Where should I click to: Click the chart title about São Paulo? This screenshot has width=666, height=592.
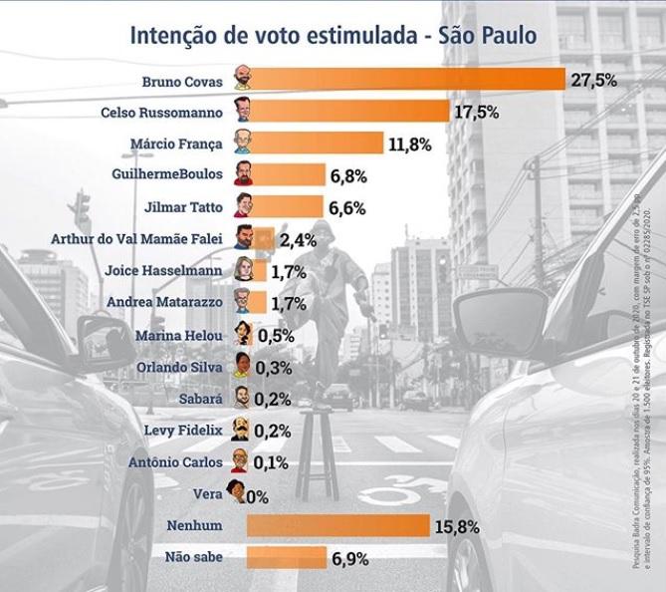pyautogui.click(x=333, y=36)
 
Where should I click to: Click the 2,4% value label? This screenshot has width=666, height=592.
pyautogui.click(x=299, y=239)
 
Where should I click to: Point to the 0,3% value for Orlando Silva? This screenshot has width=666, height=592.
pyautogui.click(x=272, y=367)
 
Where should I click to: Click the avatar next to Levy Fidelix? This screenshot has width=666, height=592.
pyautogui.click(x=241, y=430)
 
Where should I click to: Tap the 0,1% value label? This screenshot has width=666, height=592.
pyautogui.click(x=270, y=461)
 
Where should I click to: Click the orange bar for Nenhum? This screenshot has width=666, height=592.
pyautogui.click(x=338, y=524)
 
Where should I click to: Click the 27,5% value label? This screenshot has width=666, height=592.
pyautogui.click(x=593, y=80)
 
